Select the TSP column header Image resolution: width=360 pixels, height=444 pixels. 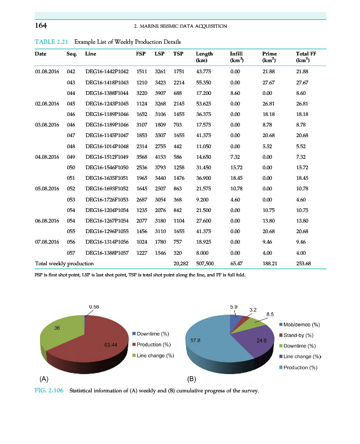pyautogui.click(x=178, y=54)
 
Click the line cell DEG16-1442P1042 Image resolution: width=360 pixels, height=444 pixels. pyautogui.click(x=107, y=72)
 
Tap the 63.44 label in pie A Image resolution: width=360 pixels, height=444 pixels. pyautogui.click(x=111, y=345)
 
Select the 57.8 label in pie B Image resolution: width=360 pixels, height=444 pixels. pyautogui.click(x=195, y=340)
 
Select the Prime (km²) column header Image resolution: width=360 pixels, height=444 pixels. pyautogui.click(x=269, y=57)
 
